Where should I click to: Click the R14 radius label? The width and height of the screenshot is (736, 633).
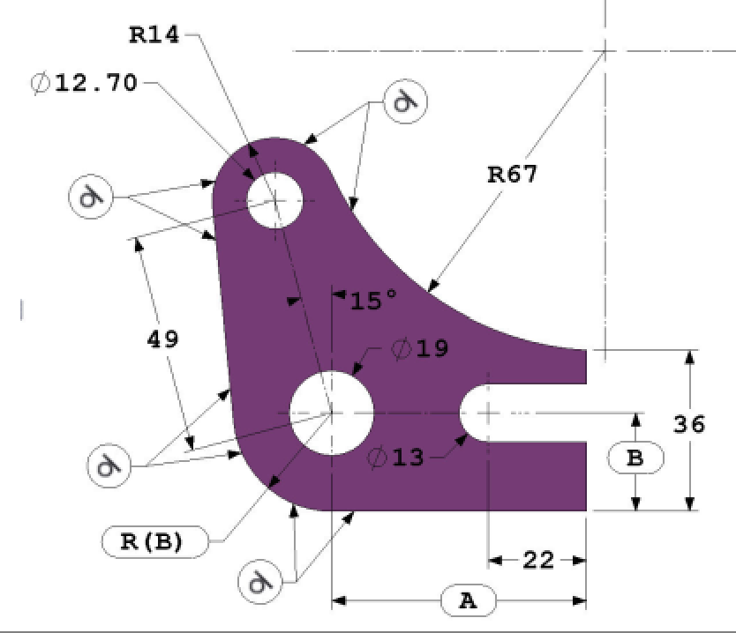(154, 35)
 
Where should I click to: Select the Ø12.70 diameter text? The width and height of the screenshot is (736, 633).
(85, 83)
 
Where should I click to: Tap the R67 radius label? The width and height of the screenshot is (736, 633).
(513, 174)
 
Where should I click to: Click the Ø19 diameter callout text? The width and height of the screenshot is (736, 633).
(420, 349)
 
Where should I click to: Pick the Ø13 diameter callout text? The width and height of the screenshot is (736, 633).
(396, 458)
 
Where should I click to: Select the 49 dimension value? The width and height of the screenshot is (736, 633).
(163, 339)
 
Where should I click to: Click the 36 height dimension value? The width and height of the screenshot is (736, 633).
(689, 424)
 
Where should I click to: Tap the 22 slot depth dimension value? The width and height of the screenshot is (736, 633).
(538, 560)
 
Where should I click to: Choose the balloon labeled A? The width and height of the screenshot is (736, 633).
(468, 601)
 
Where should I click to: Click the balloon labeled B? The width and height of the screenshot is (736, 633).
(635, 458)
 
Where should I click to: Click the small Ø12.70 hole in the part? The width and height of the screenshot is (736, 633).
(274, 200)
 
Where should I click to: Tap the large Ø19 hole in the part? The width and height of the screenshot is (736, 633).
(331, 412)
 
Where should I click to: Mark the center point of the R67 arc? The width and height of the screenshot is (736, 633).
(605, 50)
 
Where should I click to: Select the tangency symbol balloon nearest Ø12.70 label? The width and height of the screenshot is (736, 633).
(91, 195)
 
